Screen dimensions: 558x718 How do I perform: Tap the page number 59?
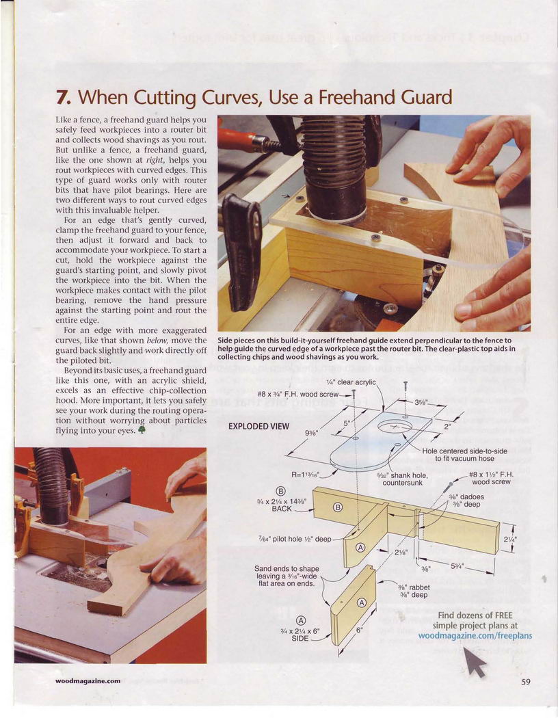(x=525, y=682)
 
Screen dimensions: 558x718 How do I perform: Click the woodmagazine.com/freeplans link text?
(x=475, y=635)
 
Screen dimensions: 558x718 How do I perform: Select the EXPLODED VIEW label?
(x=258, y=426)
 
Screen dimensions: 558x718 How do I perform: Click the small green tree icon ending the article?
(x=142, y=429)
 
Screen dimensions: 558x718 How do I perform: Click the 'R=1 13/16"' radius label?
(x=308, y=475)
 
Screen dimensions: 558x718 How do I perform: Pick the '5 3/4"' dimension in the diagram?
(x=457, y=566)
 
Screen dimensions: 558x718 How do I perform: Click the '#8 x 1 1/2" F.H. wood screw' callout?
(x=491, y=478)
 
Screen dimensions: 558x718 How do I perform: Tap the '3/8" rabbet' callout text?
(x=413, y=591)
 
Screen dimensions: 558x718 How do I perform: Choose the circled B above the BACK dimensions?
(x=282, y=492)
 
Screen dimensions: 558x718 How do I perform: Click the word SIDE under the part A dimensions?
(x=300, y=638)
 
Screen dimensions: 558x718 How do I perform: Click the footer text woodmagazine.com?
(x=88, y=681)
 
